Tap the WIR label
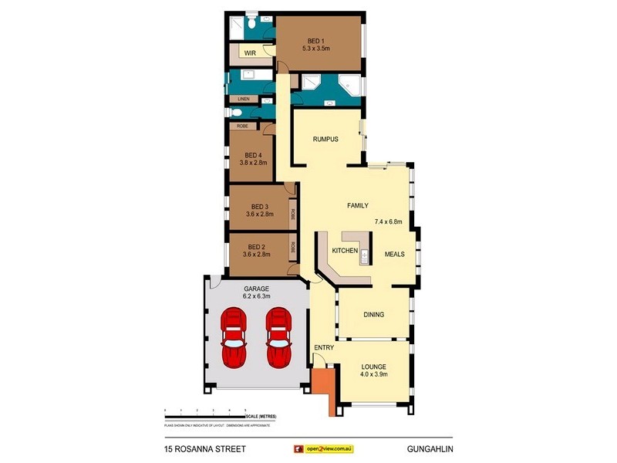click(x=249, y=52)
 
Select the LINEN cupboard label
click(x=244, y=100)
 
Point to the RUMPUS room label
click(x=326, y=140)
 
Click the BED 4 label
click(x=251, y=153)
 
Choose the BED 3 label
click(x=259, y=206)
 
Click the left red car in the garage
click(x=234, y=337)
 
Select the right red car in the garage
click(x=278, y=337)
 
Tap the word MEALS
click(x=395, y=254)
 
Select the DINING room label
click(x=373, y=314)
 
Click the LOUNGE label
click(x=373, y=367)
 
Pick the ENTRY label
click(x=324, y=347)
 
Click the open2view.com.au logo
click(x=324, y=448)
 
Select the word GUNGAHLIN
click(x=429, y=448)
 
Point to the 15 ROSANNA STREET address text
click(x=205, y=448)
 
